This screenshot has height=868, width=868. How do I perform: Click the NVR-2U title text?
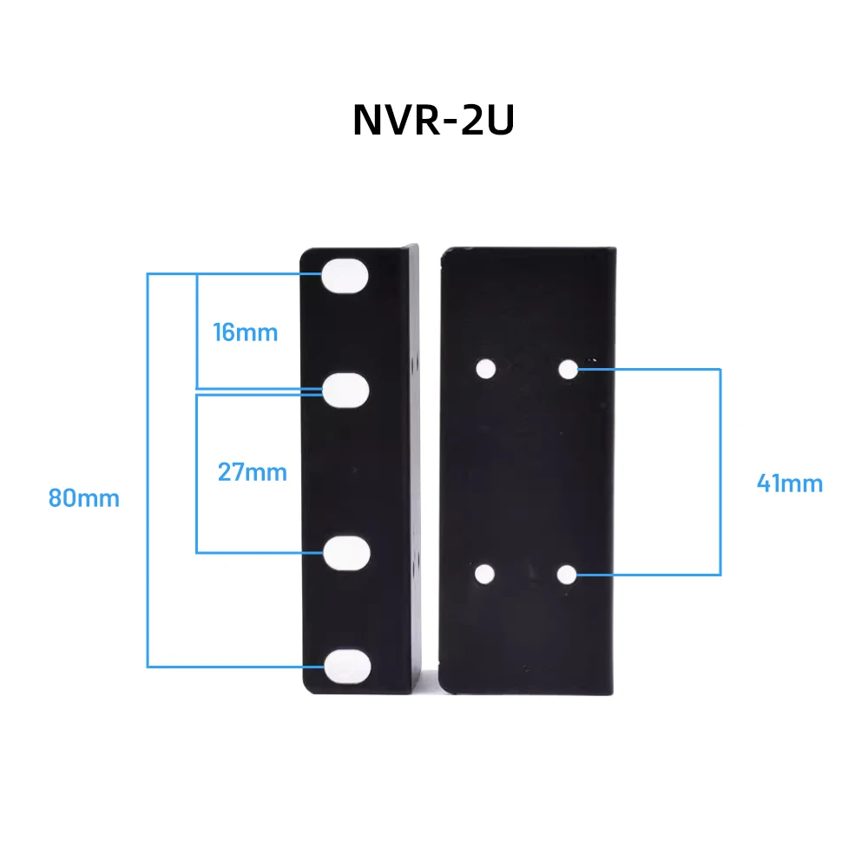pos(433,122)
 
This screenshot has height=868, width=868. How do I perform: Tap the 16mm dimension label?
pos(246,332)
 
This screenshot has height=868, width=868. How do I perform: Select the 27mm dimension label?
pos(252,473)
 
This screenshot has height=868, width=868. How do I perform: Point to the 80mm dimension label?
pos(84,499)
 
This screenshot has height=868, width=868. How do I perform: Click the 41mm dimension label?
pos(789,483)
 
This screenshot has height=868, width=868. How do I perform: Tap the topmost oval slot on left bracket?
pos(346,277)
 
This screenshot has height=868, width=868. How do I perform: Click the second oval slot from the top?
pos(346,390)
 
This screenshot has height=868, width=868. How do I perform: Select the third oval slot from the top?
pos(346,552)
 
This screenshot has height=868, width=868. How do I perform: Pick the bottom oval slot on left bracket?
pos(346,666)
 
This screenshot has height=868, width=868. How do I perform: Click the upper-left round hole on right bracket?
pos(486,369)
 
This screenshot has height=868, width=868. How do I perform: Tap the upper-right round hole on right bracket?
pos(568,369)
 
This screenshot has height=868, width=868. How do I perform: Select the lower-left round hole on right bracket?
pos(486,574)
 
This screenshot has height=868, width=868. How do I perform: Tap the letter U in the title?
pos(499,122)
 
